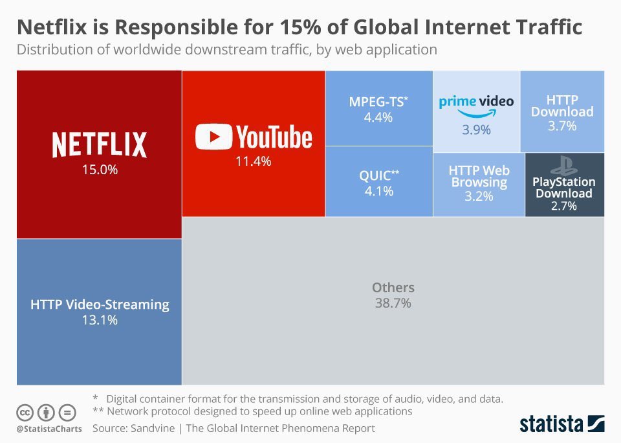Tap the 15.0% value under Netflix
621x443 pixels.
(99, 170)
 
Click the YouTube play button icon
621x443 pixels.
(213, 137)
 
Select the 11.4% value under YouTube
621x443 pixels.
(253, 162)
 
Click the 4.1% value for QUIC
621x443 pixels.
(378, 191)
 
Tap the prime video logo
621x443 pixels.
(476, 104)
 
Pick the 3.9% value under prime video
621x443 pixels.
(476, 130)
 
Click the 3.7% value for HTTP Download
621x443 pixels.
(561, 126)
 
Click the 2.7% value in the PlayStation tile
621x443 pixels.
(563, 207)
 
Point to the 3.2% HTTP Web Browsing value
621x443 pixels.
(479, 196)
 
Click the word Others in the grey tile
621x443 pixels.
(393, 288)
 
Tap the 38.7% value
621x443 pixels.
(393, 303)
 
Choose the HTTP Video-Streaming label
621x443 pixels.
(100, 304)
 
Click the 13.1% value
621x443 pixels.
(100, 319)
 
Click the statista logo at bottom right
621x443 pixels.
(561, 424)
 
